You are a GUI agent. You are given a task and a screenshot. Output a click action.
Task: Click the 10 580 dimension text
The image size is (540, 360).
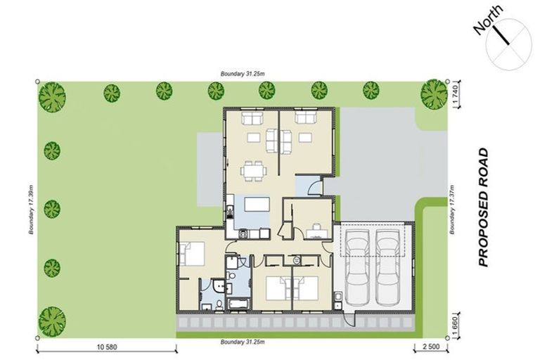tap(106, 347)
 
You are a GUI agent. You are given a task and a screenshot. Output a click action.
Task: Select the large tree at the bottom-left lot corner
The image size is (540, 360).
tap(53, 319)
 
